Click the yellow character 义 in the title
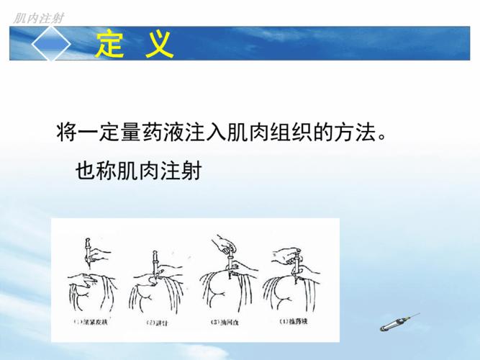[x=158, y=45]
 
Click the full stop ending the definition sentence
[x=381, y=138]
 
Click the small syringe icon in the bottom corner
[x=395, y=323]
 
